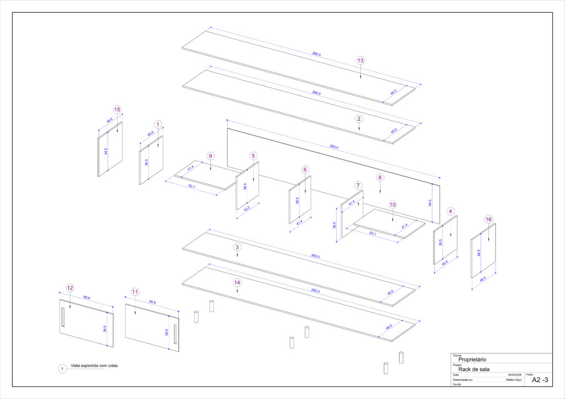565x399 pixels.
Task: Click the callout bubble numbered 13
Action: pyautogui.click(x=360, y=60)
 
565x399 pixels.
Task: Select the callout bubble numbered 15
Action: pyautogui.click(x=117, y=109)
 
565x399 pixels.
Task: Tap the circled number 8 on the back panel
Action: pyautogui.click(x=380, y=177)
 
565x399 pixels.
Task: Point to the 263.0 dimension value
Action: pyautogui.click(x=333, y=148)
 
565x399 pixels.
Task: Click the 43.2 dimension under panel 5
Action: pyautogui.click(x=247, y=208)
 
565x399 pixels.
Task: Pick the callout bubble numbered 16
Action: pyautogui.click(x=488, y=219)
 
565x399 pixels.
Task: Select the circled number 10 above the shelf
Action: pyautogui.click(x=392, y=204)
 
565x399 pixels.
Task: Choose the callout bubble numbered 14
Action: pyautogui.click(x=237, y=282)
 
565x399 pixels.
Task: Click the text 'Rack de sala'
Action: pyautogui.click(x=474, y=369)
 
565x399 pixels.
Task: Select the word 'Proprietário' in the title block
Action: pyautogui.click(x=472, y=359)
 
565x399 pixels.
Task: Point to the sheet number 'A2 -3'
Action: pyautogui.click(x=540, y=380)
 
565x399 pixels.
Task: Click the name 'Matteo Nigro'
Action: pyautogui.click(x=514, y=380)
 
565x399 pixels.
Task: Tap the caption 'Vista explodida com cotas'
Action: pyautogui.click(x=94, y=366)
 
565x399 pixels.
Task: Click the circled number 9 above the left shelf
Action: pyautogui.click(x=210, y=156)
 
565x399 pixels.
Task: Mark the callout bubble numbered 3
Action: pyautogui.click(x=237, y=247)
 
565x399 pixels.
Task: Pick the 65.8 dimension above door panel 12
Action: pyautogui.click(x=87, y=298)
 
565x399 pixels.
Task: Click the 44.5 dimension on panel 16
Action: pyautogui.click(x=479, y=253)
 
